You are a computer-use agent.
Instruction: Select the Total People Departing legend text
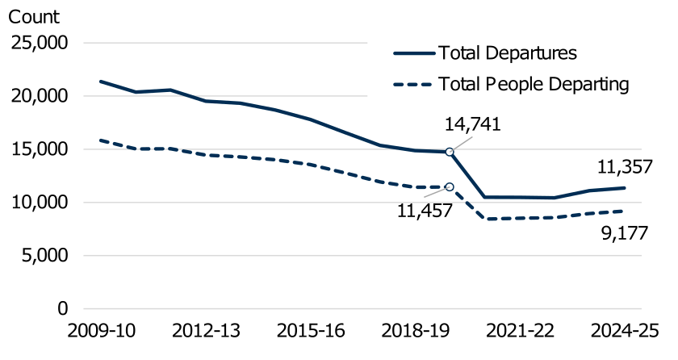[533, 83]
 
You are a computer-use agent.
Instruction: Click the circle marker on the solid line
[450, 152]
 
